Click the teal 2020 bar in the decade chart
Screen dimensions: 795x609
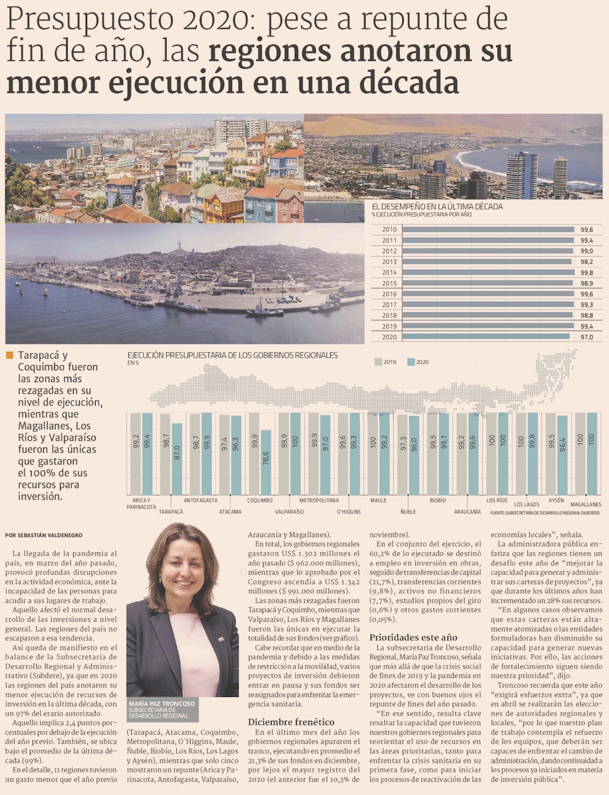click(x=486, y=337)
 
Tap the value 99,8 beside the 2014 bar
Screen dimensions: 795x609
click(x=586, y=273)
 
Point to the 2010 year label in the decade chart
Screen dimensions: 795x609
click(x=389, y=230)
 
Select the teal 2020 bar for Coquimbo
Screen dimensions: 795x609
click(x=266, y=462)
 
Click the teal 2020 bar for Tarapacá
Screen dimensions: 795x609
click(x=177, y=458)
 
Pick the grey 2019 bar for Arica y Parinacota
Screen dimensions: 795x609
click(x=135, y=454)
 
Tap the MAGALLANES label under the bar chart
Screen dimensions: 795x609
click(x=585, y=505)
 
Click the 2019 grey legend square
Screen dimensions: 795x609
click(x=378, y=362)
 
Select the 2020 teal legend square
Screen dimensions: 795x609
click(x=411, y=362)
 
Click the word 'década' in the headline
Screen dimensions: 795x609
click(x=410, y=82)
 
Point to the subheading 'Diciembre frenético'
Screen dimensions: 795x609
click(x=291, y=722)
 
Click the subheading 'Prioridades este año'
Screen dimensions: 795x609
click(x=413, y=637)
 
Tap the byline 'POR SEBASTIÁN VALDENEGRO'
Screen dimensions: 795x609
click(x=43, y=535)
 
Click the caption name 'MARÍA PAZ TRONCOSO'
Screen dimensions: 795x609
click(x=162, y=704)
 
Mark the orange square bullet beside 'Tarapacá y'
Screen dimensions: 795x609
click(x=9, y=355)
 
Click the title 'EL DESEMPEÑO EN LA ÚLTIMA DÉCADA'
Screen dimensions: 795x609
click(x=437, y=207)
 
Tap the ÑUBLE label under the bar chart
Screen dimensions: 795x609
click(x=408, y=512)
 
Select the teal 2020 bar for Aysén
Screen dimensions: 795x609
click(x=562, y=455)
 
